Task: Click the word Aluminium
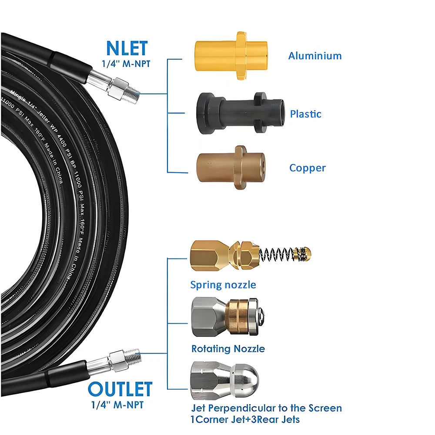[x=315, y=56]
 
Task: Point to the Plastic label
[x=306, y=114]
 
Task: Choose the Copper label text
[x=308, y=168]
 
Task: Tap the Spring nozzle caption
[x=223, y=285]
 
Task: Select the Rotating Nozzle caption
[x=228, y=348]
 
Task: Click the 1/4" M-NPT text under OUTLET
[x=117, y=405]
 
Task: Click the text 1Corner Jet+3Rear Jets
[x=245, y=419]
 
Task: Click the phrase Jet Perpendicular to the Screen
[x=267, y=408]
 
